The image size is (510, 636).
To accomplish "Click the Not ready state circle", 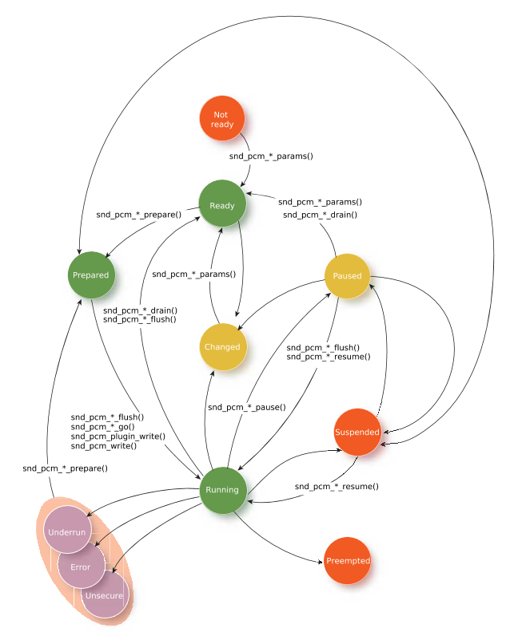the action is tap(222, 118).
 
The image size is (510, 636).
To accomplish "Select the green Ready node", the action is tap(222, 203).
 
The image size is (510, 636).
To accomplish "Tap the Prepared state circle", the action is tap(91, 275).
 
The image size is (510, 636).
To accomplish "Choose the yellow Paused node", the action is tap(347, 276).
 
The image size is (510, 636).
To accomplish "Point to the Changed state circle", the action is tap(223, 347).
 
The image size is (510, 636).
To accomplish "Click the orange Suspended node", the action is tap(357, 432).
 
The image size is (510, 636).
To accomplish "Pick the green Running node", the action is tap(223, 490).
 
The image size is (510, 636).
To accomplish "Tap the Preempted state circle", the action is tap(348, 560).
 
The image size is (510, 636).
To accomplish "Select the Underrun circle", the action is tap(67, 529).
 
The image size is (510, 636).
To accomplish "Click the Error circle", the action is tap(82, 565).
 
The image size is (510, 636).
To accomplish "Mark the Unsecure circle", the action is tap(106, 595).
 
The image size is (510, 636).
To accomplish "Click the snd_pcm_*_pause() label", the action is tap(247, 407).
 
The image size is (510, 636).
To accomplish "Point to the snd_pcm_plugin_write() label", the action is tap(118, 437).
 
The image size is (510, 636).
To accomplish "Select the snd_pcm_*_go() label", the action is tap(103, 427).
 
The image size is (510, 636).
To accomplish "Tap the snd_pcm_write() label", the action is tap(104, 446).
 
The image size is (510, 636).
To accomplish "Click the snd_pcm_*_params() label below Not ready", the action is tap(271, 156).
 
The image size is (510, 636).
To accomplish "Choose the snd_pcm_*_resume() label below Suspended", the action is tap(337, 486).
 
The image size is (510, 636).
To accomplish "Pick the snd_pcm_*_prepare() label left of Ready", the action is tap(139, 215).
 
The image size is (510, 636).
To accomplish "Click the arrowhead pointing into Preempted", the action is tap(321, 562).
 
